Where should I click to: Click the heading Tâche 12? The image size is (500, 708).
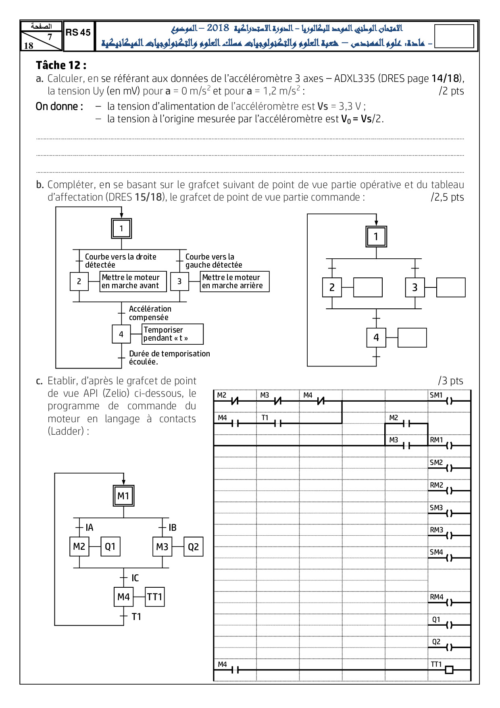[x=61, y=65]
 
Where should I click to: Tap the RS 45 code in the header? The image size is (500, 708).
[x=78, y=33]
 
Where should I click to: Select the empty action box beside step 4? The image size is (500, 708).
[x=412, y=337]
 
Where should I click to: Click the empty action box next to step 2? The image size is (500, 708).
[x=368, y=287]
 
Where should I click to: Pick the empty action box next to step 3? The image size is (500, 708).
[x=451, y=287]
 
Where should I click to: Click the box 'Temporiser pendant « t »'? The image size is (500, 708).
[x=172, y=334]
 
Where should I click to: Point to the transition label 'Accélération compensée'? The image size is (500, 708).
[x=150, y=313]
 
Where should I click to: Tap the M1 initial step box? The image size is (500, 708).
[x=123, y=496]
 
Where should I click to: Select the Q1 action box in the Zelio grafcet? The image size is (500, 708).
[x=110, y=547]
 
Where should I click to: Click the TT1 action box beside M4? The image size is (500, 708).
[x=154, y=597]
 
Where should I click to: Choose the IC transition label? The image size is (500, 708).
[x=135, y=578]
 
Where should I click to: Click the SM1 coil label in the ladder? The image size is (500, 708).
[x=436, y=395]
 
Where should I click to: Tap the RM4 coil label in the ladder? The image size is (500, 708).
[x=436, y=597]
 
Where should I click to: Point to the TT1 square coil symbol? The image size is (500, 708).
[x=449, y=670]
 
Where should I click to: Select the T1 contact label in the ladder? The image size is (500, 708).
[x=265, y=418]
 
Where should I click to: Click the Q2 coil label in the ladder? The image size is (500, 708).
[x=436, y=642]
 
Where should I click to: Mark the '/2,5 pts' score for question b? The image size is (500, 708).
[x=447, y=197]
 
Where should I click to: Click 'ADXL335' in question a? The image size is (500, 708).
[x=354, y=78]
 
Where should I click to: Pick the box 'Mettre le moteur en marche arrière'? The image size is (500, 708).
[x=234, y=281]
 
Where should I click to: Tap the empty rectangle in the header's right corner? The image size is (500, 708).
[x=454, y=36]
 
